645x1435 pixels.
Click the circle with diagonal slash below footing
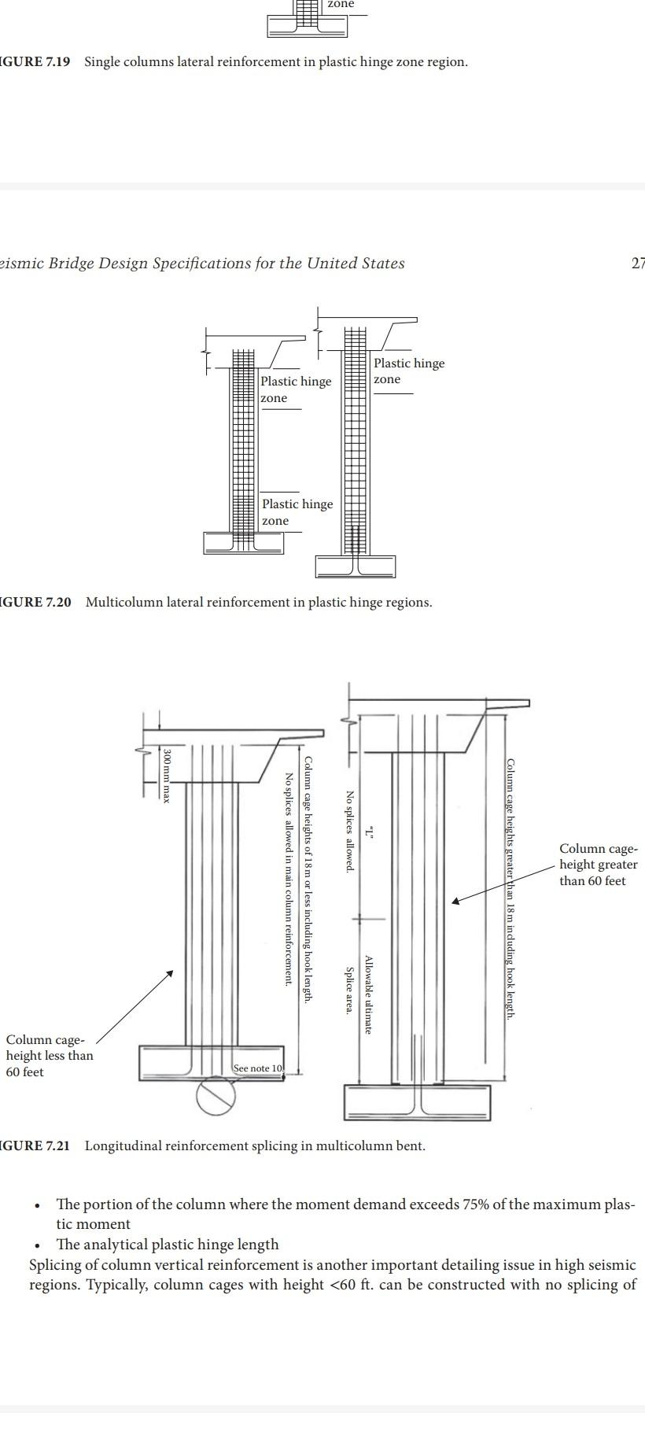click(x=216, y=1096)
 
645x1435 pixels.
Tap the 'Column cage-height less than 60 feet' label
click(x=49, y=1056)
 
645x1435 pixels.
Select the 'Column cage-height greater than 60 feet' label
click(x=598, y=865)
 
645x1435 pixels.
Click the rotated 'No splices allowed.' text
click(x=349, y=831)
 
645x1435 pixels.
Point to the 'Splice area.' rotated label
click(x=349, y=990)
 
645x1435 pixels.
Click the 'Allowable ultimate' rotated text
click(x=367, y=994)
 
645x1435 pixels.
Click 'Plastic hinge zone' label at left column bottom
click(x=297, y=512)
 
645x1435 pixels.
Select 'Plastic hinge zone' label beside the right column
click(x=408, y=371)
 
